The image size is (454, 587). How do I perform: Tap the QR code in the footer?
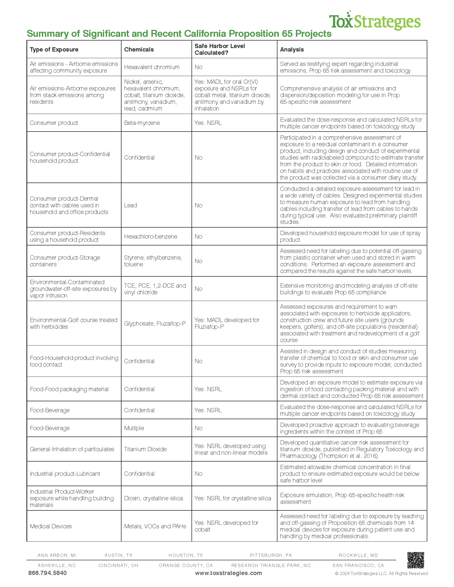coord(416,560)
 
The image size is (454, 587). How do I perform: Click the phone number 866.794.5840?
coord(47,573)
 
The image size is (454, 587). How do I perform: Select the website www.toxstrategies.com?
coord(228,573)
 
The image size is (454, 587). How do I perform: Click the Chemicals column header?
coord(139,49)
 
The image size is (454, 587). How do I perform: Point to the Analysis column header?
coord(292,49)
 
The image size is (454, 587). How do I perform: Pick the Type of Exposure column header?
coord(54,49)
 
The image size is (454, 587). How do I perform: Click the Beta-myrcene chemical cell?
coord(142,123)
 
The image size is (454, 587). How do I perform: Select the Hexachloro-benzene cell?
coord(151,236)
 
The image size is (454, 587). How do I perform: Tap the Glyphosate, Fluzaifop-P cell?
coord(155,323)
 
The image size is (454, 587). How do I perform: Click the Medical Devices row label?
coord(51,526)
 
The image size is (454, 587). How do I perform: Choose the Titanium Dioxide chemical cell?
coord(145,449)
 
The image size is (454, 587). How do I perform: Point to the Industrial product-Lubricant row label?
coord(65,474)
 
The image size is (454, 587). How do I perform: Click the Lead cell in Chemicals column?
coord(130,205)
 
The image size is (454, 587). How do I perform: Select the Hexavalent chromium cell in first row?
coord(152,67)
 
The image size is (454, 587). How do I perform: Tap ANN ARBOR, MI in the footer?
coord(57,555)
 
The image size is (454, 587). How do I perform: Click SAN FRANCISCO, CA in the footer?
coord(358,566)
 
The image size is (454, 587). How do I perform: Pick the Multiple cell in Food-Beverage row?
coord(134,428)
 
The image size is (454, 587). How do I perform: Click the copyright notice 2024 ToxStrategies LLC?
coord(381,574)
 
